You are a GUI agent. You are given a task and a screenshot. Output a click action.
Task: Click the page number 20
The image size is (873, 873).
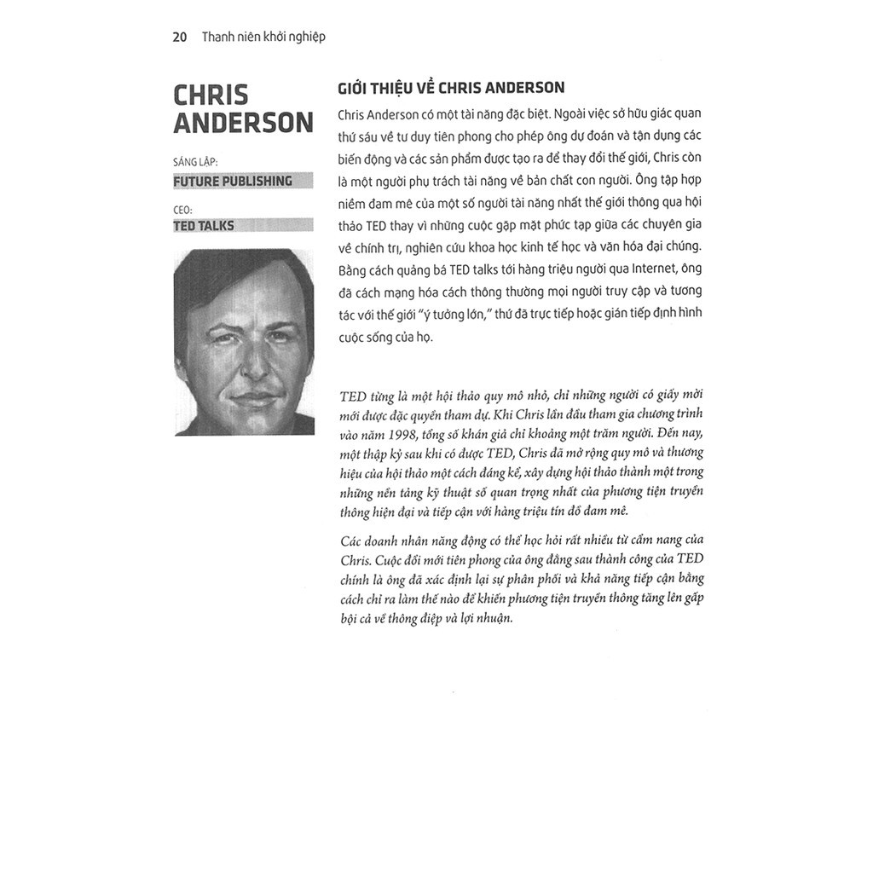[179, 37]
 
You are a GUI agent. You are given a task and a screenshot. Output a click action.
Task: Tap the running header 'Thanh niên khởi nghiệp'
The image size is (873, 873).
[263, 38]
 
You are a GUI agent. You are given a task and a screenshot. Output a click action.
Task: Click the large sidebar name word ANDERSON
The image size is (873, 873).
[244, 123]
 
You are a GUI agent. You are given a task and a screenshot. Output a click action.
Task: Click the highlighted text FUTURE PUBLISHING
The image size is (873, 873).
[233, 181]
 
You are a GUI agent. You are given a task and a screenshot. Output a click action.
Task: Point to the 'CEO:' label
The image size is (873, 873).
[183, 206]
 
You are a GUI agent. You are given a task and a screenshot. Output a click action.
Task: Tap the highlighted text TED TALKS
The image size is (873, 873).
[204, 226]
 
